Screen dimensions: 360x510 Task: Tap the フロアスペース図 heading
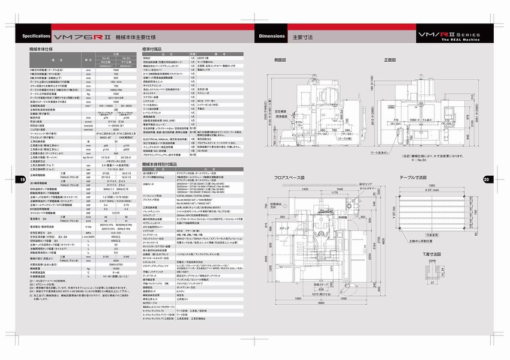coord(293,178)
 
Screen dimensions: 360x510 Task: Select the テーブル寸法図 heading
coord(414,178)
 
